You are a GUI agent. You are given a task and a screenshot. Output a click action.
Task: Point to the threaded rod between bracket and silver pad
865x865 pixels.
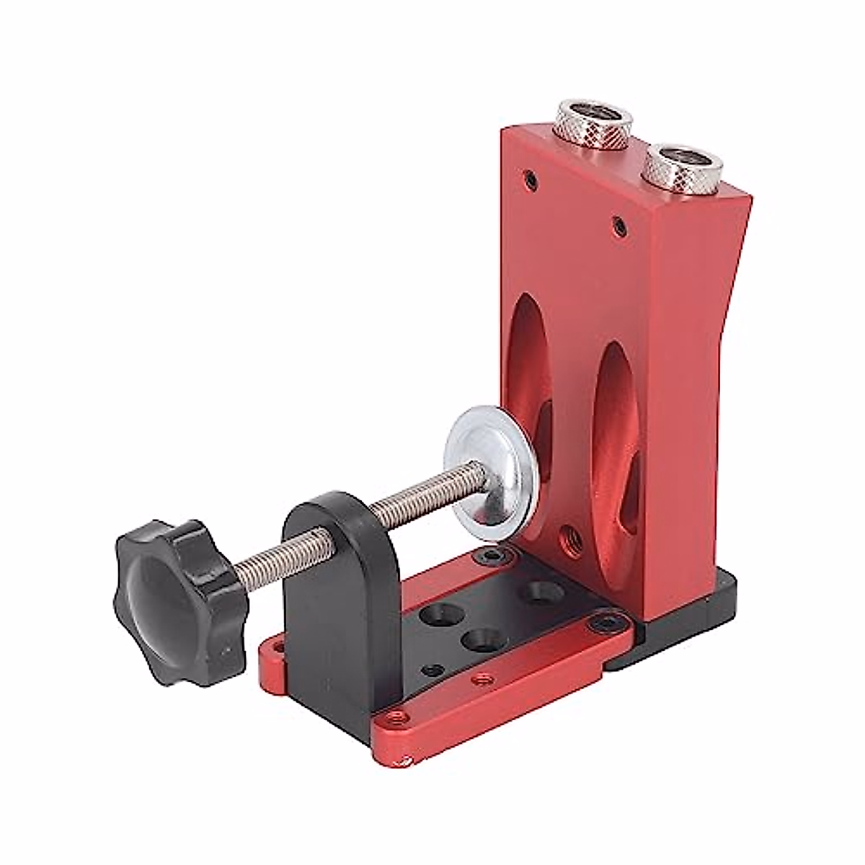pyautogui.click(x=418, y=497)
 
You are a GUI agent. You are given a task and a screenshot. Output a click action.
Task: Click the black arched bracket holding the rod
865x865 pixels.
pyautogui.click(x=339, y=577)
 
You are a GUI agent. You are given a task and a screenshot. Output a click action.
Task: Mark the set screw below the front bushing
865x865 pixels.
pyautogui.click(x=618, y=227)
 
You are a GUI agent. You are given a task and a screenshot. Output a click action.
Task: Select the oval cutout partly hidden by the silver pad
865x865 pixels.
pyautogui.click(x=530, y=360)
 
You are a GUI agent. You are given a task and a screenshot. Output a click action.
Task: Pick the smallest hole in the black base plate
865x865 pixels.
pyautogui.click(x=432, y=670)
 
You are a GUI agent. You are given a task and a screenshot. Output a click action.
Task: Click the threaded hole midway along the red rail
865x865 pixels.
pyautogui.click(x=481, y=678)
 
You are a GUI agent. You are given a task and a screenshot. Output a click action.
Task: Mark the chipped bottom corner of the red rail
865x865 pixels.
pyautogui.click(x=408, y=759)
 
